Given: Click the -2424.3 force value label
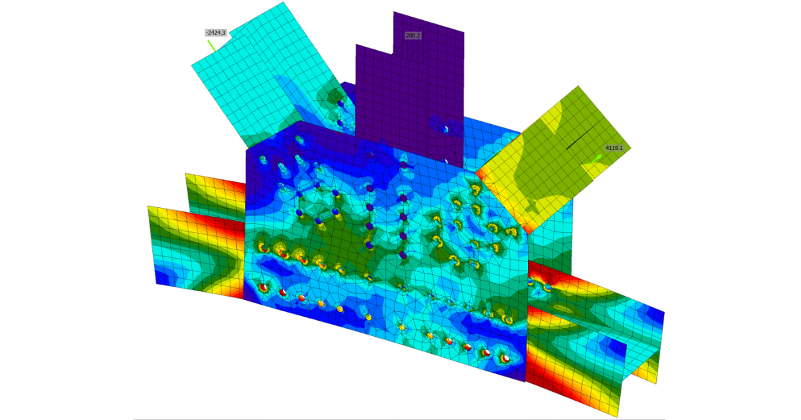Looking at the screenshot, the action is (216, 33).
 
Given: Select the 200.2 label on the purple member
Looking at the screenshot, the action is (413, 36).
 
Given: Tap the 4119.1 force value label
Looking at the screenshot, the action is (614, 148).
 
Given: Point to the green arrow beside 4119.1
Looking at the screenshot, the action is (596, 159).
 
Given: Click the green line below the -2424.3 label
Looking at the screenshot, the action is (212, 46).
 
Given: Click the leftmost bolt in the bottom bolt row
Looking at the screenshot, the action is (264, 287).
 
